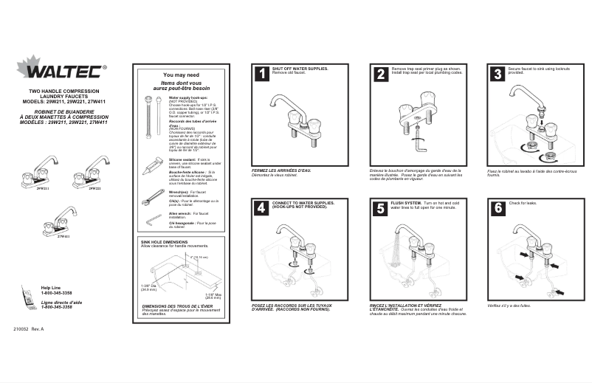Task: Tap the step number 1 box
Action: (x=261, y=74)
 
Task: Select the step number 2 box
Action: (x=380, y=74)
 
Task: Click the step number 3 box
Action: (x=498, y=74)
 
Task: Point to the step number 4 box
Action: (x=261, y=208)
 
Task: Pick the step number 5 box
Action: (x=380, y=208)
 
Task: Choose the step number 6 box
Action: (x=498, y=208)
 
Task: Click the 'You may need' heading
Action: (x=181, y=75)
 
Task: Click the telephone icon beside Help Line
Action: (x=27, y=294)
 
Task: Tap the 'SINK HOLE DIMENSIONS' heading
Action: (x=164, y=242)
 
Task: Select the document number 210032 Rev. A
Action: (x=28, y=328)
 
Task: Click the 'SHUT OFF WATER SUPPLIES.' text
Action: (x=300, y=69)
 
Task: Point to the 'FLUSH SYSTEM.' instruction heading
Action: (x=405, y=202)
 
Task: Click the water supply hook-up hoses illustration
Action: (x=153, y=117)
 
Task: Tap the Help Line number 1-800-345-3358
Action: (x=56, y=293)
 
